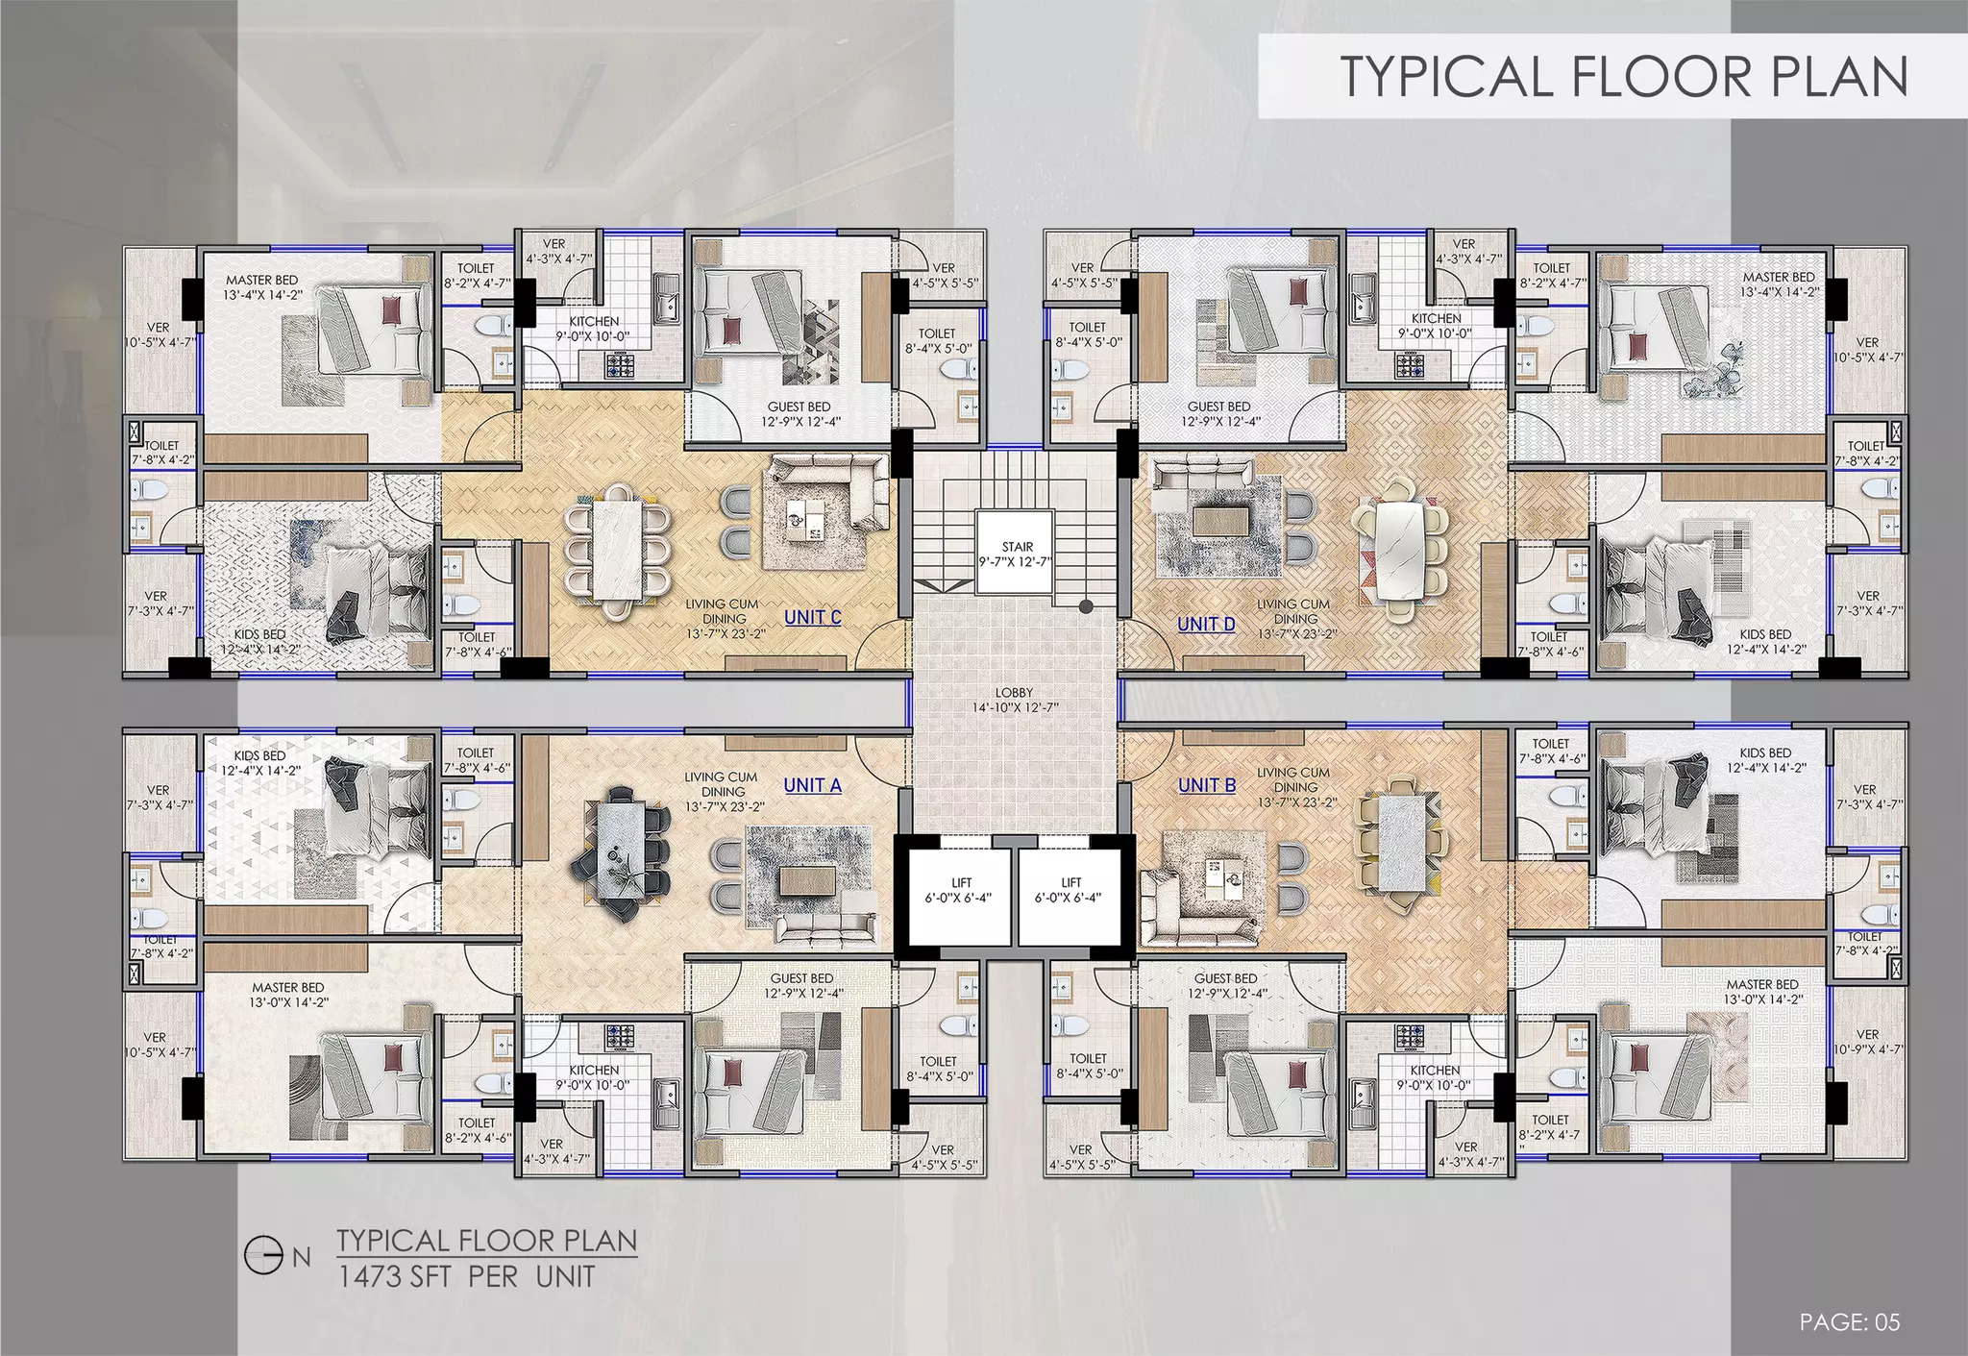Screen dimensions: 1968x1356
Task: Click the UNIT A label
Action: pyautogui.click(x=812, y=785)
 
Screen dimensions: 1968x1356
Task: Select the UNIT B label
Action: pyautogui.click(x=1207, y=785)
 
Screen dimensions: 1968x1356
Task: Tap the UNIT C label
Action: pyautogui.click(x=813, y=617)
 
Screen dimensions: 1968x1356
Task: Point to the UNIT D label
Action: pyautogui.click(x=1206, y=624)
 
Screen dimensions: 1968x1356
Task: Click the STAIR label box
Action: pyautogui.click(x=1017, y=554)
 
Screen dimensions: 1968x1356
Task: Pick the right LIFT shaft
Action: pyautogui.click(x=1070, y=890)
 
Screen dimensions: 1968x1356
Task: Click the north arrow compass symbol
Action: pyautogui.click(x=262, y=1256)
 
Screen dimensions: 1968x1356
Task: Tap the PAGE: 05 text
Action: pyautogui.click(x=1850, y=1322)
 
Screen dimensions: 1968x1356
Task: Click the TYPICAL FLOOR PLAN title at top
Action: pyautogui.click(x=1624, y=77)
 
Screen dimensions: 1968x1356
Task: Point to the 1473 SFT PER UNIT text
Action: pyautogui.click(x=466, y=1277)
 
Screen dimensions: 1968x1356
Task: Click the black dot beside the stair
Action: pyautogui.click(x=1086, y=606)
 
